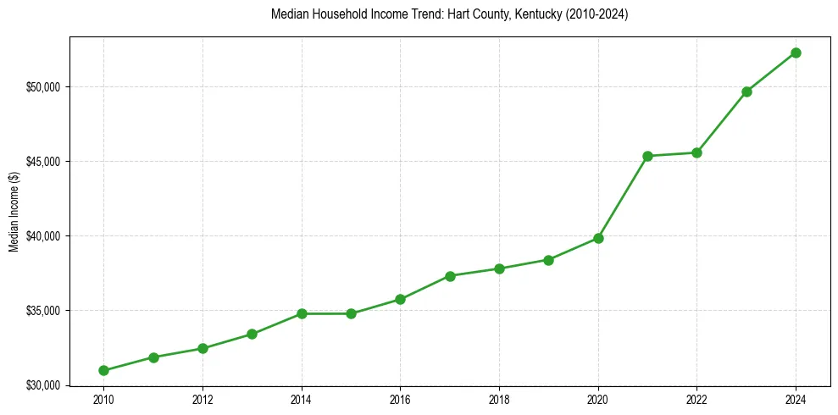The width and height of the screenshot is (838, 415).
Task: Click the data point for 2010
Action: [x=103, y=370]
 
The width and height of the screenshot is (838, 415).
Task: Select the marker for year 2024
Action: [x=796, y=53]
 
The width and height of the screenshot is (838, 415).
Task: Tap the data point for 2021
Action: [x=647, y=156]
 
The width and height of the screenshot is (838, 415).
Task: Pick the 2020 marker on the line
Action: [x=598, y=238]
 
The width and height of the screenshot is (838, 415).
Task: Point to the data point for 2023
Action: [x=746, y=91]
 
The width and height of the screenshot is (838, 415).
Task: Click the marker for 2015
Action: [x=351, y=313]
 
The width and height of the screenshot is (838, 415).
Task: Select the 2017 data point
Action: [x=450, y=276]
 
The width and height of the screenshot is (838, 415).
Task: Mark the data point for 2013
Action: [x=252, y=334]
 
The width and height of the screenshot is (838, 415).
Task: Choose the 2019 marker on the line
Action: [x=548, y=260]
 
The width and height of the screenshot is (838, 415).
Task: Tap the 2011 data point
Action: [x=153, y=357]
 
